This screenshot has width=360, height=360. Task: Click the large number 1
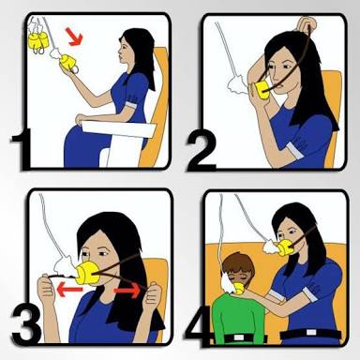point(22,149)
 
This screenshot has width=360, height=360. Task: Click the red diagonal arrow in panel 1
point(75,37)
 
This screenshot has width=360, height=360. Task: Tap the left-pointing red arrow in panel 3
point(69,289)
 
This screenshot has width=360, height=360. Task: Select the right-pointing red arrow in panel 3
point(127,291)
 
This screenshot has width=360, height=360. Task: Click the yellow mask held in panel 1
point(68,64)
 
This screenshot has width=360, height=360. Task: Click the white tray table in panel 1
point(120,128)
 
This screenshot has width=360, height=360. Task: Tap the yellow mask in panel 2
point(260,91)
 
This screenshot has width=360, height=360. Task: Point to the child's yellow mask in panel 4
point(238,288)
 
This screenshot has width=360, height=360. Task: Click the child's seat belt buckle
point(239,337)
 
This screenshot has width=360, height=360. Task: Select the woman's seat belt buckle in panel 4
point(312,333)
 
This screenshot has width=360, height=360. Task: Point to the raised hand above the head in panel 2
point(307,22)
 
